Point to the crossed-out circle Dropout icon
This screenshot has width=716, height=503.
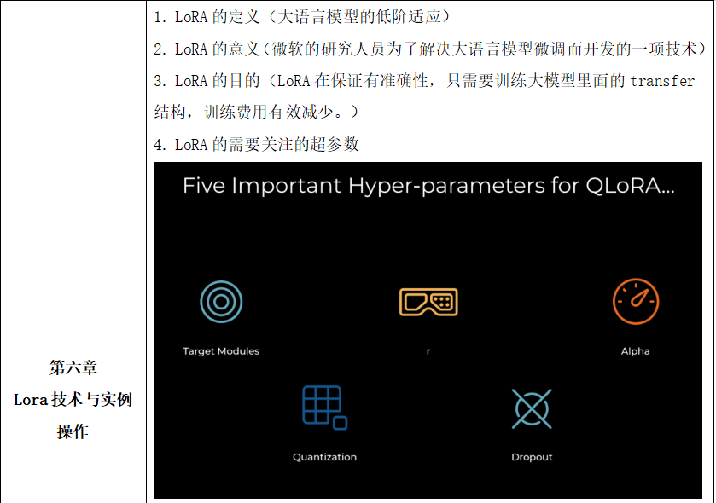click(x=532, y=408)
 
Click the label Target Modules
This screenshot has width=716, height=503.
click(x=221, y=351)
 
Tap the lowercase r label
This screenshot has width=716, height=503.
click(x=428, y=351)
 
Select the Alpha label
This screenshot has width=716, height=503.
click(x=635, y=351)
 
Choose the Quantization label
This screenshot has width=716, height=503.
click(x=324, y=457)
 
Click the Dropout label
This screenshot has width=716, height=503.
click(x=532, y=457)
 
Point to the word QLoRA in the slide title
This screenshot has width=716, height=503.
click(x=630, y=186)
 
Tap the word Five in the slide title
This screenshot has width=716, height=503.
click(x=204, y=186)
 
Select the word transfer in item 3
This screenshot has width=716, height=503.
click(x=662, y=81)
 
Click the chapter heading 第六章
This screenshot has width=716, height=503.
click(x=73, y=367)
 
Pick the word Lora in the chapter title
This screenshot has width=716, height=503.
click(x=31, y=400)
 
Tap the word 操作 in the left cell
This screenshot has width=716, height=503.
click(x=73, y=431)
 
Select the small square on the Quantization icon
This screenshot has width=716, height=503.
click(x=341, y=423)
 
